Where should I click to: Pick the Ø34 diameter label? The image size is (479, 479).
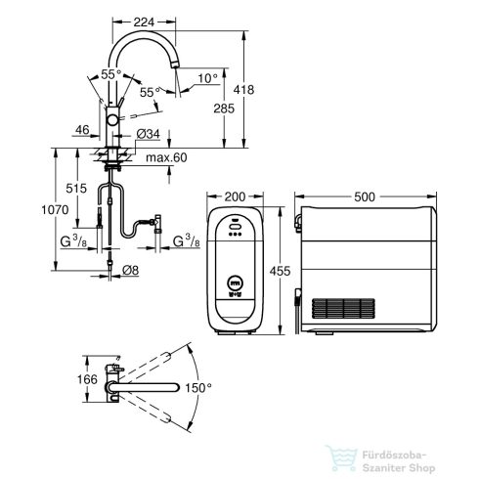[148, 133]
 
